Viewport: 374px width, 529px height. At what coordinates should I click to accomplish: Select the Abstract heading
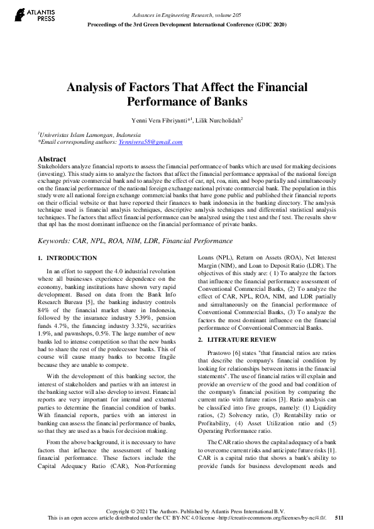(52, 159)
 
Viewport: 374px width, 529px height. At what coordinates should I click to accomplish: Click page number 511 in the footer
(339, 518)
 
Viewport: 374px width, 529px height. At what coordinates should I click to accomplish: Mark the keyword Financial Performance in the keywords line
(205, 241)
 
